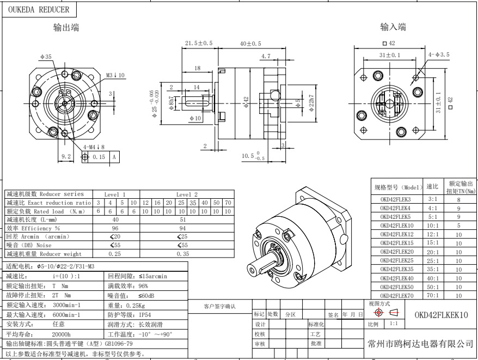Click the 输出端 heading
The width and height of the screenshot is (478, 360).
pyautogui.click(x=66, y=28)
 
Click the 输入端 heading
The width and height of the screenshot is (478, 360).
pyautogui.click(x=393, y=27)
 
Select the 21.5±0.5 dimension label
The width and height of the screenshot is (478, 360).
pyautogui.click(x=199, y=42)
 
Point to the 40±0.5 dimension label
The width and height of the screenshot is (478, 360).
pyautogui.click(x=250, y=42)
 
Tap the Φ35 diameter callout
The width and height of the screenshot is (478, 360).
pyautogui.click(x=46, y=57)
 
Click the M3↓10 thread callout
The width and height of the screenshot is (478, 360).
pyautogui.click(x=115, y=75)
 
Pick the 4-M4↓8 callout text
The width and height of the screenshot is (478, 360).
pyautogui.click(x=95, y=147)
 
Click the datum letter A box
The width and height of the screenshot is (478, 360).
pyautogui.click(x=114, y=157)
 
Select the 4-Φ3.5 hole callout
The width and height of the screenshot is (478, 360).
pyautogui.click(x=439, y=54)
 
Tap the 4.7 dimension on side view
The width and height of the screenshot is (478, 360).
pyautogui.click(x=266, y=56)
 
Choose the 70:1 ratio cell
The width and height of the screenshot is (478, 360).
pyautogui.click(x=433, y=295)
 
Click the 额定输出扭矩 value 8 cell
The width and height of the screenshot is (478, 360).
pyautogui.click(x=459, y=199)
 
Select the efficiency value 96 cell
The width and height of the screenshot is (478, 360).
pyautogui.click(x=115, y=228)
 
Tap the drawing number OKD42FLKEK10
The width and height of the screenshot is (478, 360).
pyautogui.click(x=441, y=315)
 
